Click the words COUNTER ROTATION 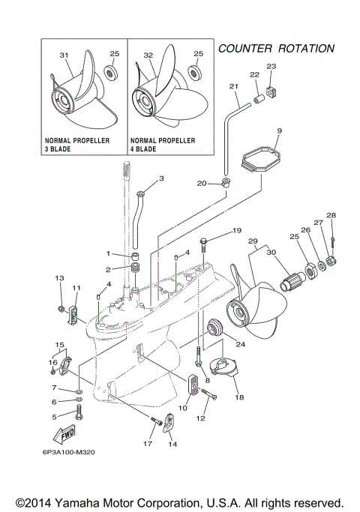click(x=275, y=48)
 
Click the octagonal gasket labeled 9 click(x=259, y=160)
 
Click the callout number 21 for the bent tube click(x=234, y=88)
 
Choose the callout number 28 click(x=331, y=215)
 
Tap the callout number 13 click(x=59, y=278)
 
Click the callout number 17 click(x=148, y=444)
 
